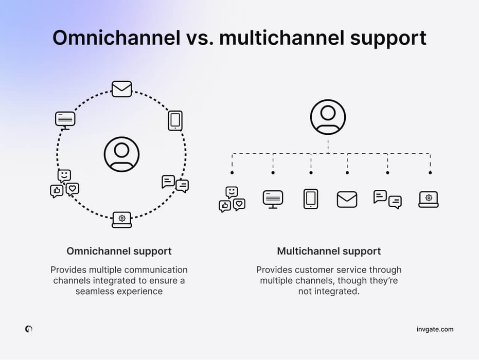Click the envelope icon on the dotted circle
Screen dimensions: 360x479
(x=122, y=89)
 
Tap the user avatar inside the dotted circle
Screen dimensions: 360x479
(x=121, y=154)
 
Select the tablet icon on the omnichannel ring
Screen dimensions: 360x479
(x=175, y=121)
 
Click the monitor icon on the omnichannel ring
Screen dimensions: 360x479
(x=65, y=120)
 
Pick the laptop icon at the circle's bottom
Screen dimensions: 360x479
(x=122, y=220)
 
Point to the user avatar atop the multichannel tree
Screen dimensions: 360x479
(x=328, y=117)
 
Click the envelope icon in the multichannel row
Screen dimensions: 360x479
(x=347, y=199)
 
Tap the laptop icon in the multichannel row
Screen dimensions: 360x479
(x=429, y=199)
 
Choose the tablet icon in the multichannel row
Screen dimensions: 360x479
(x=311, y=199)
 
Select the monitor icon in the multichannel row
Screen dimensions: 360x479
(x=273, y=199)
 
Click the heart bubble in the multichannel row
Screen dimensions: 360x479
(x=239, y=204)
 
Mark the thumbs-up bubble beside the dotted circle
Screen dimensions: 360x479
(x=57, y=191)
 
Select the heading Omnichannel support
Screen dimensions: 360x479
(x=119, y=251)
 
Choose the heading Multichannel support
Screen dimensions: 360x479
(x=329, y=251)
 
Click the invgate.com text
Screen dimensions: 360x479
(x=435, y=329)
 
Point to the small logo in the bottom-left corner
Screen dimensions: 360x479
(x=29, y=329)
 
